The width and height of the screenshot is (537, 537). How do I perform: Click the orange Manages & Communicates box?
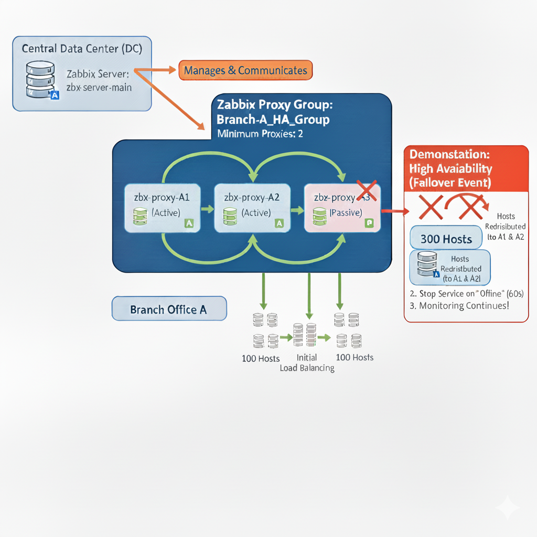click(245, 70)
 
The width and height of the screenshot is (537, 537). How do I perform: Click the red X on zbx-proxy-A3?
click(368, 191)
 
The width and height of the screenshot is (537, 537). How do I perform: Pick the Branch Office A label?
click(169, 309)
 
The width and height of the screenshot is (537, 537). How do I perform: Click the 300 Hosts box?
click(446, 239)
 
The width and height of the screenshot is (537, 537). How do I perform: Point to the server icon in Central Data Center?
click(40, 79)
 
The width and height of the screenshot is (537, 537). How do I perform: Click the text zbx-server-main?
click(99, 87)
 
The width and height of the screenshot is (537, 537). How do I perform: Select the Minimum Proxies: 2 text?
click(260, 134)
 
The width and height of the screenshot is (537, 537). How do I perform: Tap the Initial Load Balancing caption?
click(307, 363)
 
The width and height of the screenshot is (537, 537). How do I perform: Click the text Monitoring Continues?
click(464, 305)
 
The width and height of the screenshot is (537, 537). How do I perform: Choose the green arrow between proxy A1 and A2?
click(208, 209)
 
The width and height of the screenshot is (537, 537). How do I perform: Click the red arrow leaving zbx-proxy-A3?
click(394, 211)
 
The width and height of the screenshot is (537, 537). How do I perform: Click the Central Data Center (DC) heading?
click(82, 49)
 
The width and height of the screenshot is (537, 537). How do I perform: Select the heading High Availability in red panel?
click(450, 169)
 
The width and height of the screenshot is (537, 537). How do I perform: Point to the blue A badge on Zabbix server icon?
click(55, 95)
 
